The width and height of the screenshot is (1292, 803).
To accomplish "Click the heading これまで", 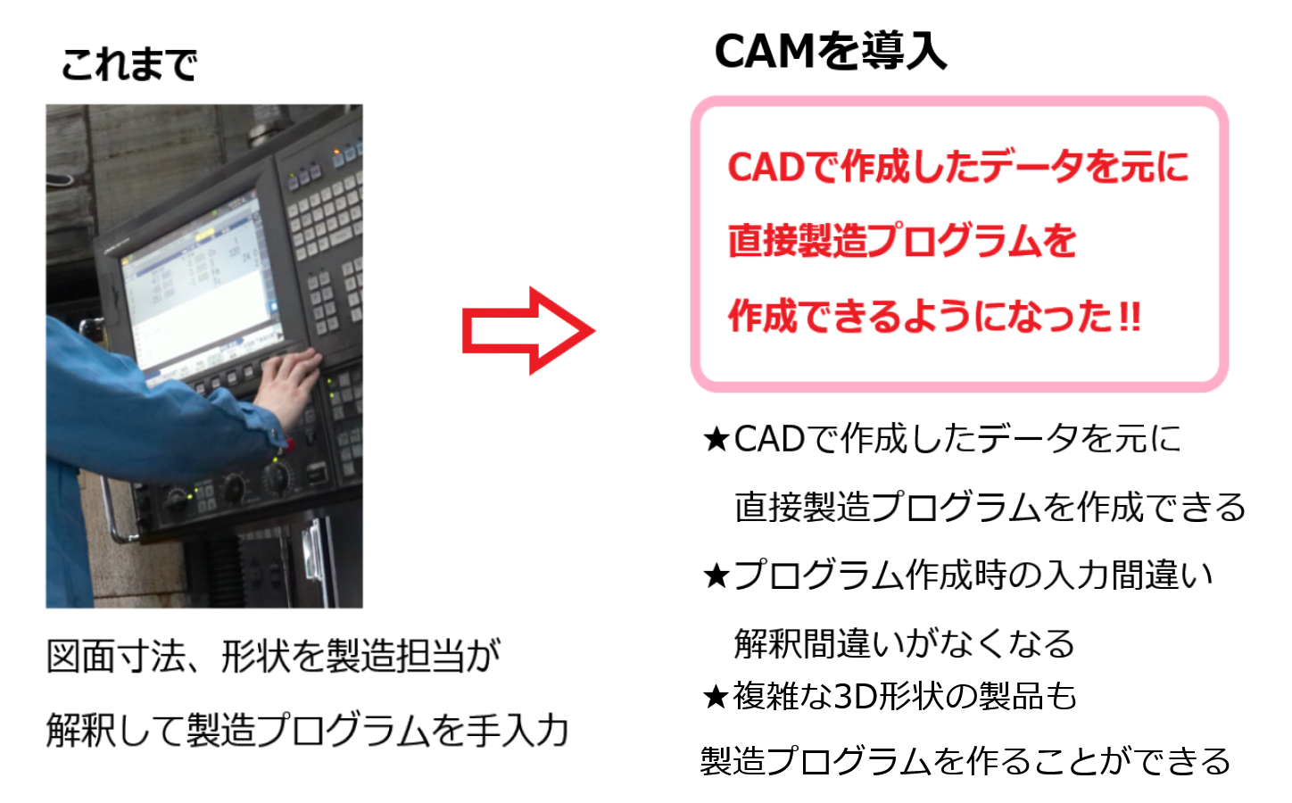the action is (129, 64).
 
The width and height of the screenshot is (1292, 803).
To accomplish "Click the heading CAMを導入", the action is (830, 52).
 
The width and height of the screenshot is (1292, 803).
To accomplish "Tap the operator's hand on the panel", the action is (287, 384).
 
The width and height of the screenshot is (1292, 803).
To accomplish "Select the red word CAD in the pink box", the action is (766, 168).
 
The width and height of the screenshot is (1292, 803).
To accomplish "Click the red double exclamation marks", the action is (1130, 316).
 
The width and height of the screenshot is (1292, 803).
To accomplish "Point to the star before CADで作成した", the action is (716, 440).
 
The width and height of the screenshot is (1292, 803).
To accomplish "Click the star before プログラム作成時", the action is (716, 575).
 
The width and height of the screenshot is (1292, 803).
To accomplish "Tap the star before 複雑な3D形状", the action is (716, 696).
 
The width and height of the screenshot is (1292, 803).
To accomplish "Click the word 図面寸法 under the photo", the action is (116, 657).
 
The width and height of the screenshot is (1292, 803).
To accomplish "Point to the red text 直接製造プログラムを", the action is (902, 241).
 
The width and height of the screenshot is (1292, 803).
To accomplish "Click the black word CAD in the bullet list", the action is (769, 440).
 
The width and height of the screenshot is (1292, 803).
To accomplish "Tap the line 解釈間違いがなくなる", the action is (904, 644).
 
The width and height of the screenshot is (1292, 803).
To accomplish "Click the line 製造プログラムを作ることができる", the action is (965, 761).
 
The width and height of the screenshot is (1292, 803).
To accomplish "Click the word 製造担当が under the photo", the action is (413, 657).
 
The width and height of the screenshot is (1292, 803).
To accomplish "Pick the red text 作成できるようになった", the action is (920, 316).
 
